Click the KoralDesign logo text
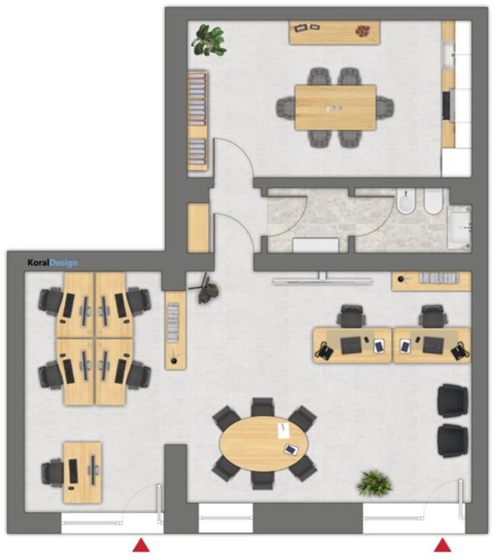(53, 263)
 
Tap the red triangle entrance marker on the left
(141, 545)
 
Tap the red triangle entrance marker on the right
(443, 545)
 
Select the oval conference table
(263, 444)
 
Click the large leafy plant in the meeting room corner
(209, 40)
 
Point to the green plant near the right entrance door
(375, 483)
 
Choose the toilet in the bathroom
(433, 201)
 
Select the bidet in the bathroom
(405, 201)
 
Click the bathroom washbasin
(460, 227)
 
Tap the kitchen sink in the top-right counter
(449, 55)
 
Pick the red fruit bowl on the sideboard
(363, 31)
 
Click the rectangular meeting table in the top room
(336, 108)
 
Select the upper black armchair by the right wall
(453, 401)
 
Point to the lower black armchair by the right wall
(453, 440)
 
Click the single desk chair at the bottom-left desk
(53, 472)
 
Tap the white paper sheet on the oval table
(284, 430)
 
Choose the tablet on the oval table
(291, 449)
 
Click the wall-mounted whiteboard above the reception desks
(323, 282)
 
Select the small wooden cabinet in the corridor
(198, 228)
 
